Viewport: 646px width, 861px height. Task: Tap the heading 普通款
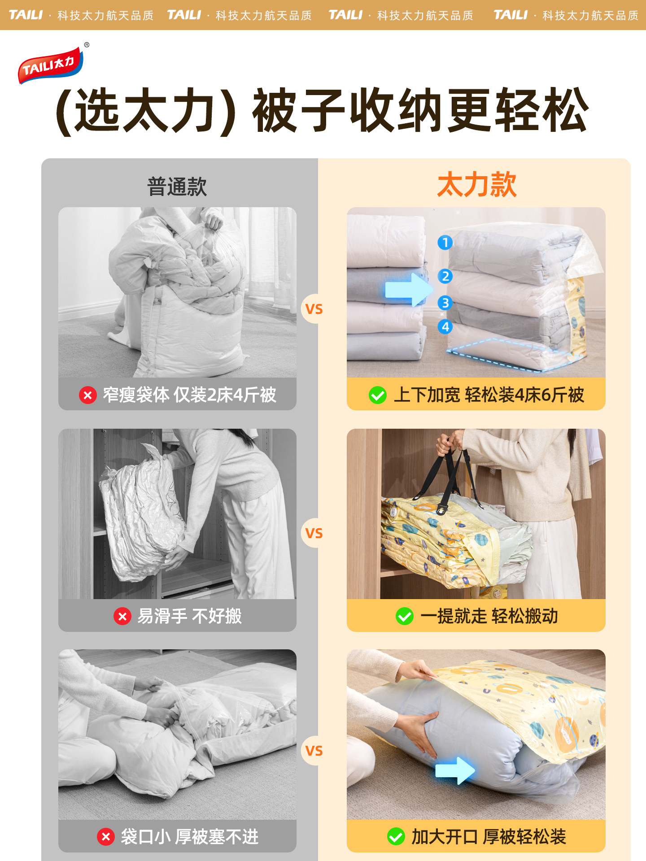tap(177, 187)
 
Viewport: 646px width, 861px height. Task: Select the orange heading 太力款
tap(476, 184)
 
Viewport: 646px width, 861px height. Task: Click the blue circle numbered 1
tap(445, 243)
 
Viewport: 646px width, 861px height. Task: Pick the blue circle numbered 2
tap(445, 276)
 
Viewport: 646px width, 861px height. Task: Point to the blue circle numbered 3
tap(445, 303)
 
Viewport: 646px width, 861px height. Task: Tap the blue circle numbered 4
tap(445, 326)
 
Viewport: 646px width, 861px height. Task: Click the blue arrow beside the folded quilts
tap(408, 289)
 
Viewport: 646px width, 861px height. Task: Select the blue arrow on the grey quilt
tap(454, 770)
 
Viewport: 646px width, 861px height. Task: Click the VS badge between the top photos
tap(314, 309)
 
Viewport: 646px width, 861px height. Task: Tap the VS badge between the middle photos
tap(314, 533)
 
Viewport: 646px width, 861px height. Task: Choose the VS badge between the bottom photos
tap(314, 751)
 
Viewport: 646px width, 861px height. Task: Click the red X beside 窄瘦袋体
tap(88, 395)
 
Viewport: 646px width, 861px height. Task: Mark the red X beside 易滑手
tap(122, 616)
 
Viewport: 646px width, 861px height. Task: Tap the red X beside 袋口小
tap(106, 837)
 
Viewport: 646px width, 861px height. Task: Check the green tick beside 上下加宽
tap(377, 395)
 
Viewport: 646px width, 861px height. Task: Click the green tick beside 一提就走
tap(404, 616)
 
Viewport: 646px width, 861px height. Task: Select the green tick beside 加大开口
tap(396, 837)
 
